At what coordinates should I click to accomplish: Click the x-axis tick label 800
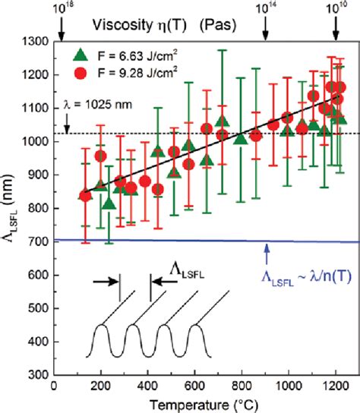[x=242, y=386]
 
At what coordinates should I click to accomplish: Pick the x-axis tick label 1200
[x=335, y=386]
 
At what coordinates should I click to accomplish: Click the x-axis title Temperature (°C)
[x=194, y=403]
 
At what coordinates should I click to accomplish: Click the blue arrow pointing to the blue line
[x=266, y=251]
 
